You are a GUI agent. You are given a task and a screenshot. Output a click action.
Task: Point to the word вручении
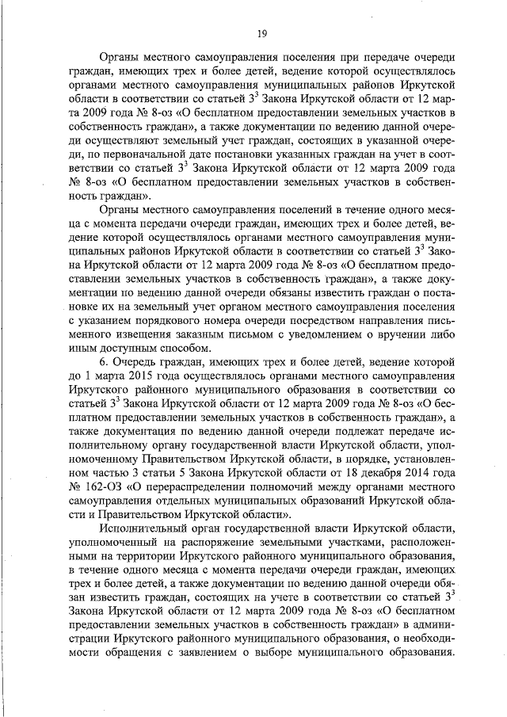click(408, 333)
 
